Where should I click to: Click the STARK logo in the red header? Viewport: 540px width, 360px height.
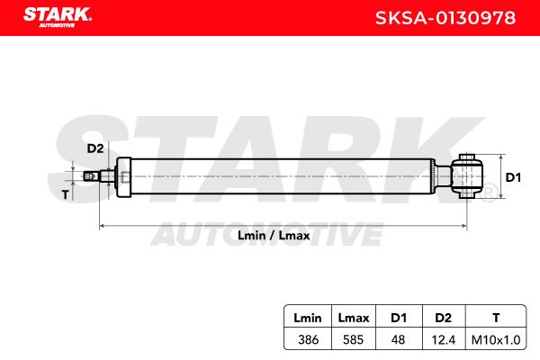[x=58, y=16]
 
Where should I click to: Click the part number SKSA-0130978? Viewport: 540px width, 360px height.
[x=445, y=18]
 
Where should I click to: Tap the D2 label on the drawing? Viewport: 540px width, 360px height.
[x=95, y=148]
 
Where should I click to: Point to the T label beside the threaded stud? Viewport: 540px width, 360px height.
[x=66, y=195]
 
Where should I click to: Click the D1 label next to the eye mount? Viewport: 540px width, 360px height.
[x=513, y=177]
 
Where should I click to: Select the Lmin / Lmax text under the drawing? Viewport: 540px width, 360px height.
[x=274, y=236]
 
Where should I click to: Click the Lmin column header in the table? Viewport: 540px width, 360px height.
[x=308, y=318]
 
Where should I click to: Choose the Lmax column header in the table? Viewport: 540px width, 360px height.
[x=354, y=318]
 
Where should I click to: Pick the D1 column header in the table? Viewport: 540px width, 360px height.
[x=399, y=318]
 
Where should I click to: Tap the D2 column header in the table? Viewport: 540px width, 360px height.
[x=443, y=318]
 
